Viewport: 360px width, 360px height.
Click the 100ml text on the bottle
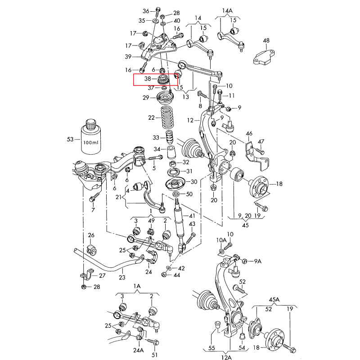90,142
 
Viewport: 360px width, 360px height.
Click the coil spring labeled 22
166,119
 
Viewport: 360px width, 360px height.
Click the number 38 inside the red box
148,79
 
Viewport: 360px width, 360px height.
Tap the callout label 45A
274,299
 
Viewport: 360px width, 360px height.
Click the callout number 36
145,10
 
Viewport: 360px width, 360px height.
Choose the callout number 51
155,355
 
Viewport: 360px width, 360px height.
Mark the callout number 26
91,235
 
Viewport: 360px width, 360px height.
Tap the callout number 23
121,278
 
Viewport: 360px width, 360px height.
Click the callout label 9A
257,261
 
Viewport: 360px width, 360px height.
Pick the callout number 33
156,137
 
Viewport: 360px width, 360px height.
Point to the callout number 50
189,194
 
